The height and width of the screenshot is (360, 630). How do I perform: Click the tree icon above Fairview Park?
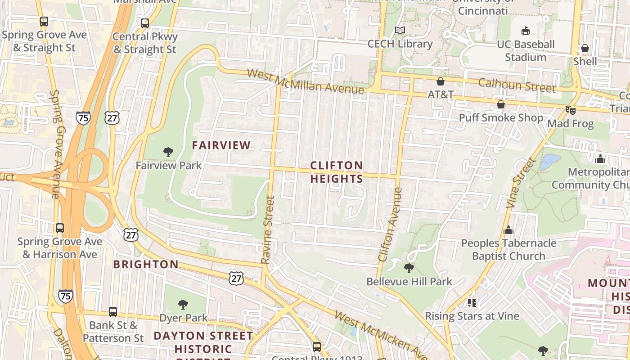(x=168, y=152)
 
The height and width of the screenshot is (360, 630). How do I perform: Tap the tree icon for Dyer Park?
(x=183, y=305)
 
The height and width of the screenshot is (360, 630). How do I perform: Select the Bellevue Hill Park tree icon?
(x=409, y=268)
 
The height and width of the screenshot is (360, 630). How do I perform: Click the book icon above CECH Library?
(x=400, y=31)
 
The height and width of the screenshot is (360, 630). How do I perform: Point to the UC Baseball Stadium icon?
(x=525, y=31)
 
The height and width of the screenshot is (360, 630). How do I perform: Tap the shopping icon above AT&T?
(x=440, y=81)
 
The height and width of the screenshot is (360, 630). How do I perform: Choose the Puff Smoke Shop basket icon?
(x=500, y=105)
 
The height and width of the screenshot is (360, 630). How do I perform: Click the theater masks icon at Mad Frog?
(x=571, y=110)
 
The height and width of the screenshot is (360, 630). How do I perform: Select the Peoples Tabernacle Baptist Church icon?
(x=508, y=230)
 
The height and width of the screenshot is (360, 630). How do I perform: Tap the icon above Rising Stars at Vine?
(x=472, y=302)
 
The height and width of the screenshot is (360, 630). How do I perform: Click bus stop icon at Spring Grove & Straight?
(x=44, y=21)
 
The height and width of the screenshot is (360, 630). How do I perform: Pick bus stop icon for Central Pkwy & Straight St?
(x=144, y=23)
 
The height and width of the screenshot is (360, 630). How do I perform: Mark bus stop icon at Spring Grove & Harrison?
(x=59, y=228)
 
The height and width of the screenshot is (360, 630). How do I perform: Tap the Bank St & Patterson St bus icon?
(x=112, y=311)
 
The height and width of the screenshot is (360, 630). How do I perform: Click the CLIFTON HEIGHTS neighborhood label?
(x=337, y=172)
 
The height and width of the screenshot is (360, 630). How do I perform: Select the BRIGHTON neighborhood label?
(x=145, y=264)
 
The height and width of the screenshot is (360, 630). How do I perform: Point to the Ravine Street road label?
(x=267, y=229)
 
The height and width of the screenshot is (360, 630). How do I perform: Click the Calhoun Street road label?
(x=517, y=85)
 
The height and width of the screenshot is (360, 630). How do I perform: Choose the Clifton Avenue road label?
(x=390, y=225)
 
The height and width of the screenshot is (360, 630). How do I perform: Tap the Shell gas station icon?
(x=585, y=48)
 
